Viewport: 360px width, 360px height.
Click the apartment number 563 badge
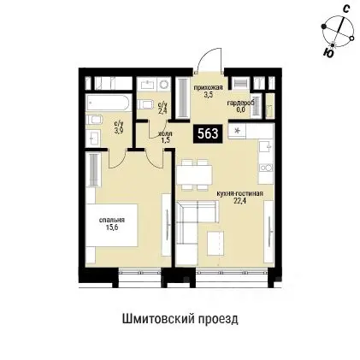[x=207, y=133]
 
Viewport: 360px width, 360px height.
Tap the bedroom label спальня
[x=109, y=221]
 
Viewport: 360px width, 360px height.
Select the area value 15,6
[x=110, y=228]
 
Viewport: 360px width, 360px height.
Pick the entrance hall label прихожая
[x=205, y=89]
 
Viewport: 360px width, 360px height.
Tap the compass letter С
[x=344, y=8]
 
